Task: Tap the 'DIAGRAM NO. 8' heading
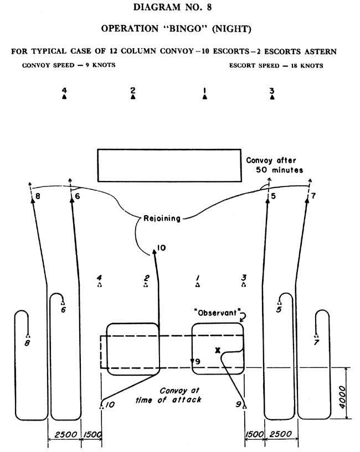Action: pos(172,7)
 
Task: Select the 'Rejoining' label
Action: pos(162,219)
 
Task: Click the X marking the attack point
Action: pos(218,350)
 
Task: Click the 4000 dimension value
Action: pos(342,397)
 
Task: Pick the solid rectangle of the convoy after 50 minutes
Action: pos(169,165)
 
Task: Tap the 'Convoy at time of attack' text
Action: pos(168,395)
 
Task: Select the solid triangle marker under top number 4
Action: pos(64,97)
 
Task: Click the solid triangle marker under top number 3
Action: pos(272,97)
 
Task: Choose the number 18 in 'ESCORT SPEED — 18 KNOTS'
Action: pos(294,65)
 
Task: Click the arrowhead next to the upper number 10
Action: pos(155,252)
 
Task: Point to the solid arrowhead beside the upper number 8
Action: pos(33,201)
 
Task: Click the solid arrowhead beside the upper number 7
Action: pos(307,200)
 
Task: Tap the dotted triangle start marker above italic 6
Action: pos(63,303)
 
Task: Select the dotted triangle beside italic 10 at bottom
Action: pos(101,407)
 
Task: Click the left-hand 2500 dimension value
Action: pos(66,434)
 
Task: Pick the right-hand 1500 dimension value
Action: pos(254,434)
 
